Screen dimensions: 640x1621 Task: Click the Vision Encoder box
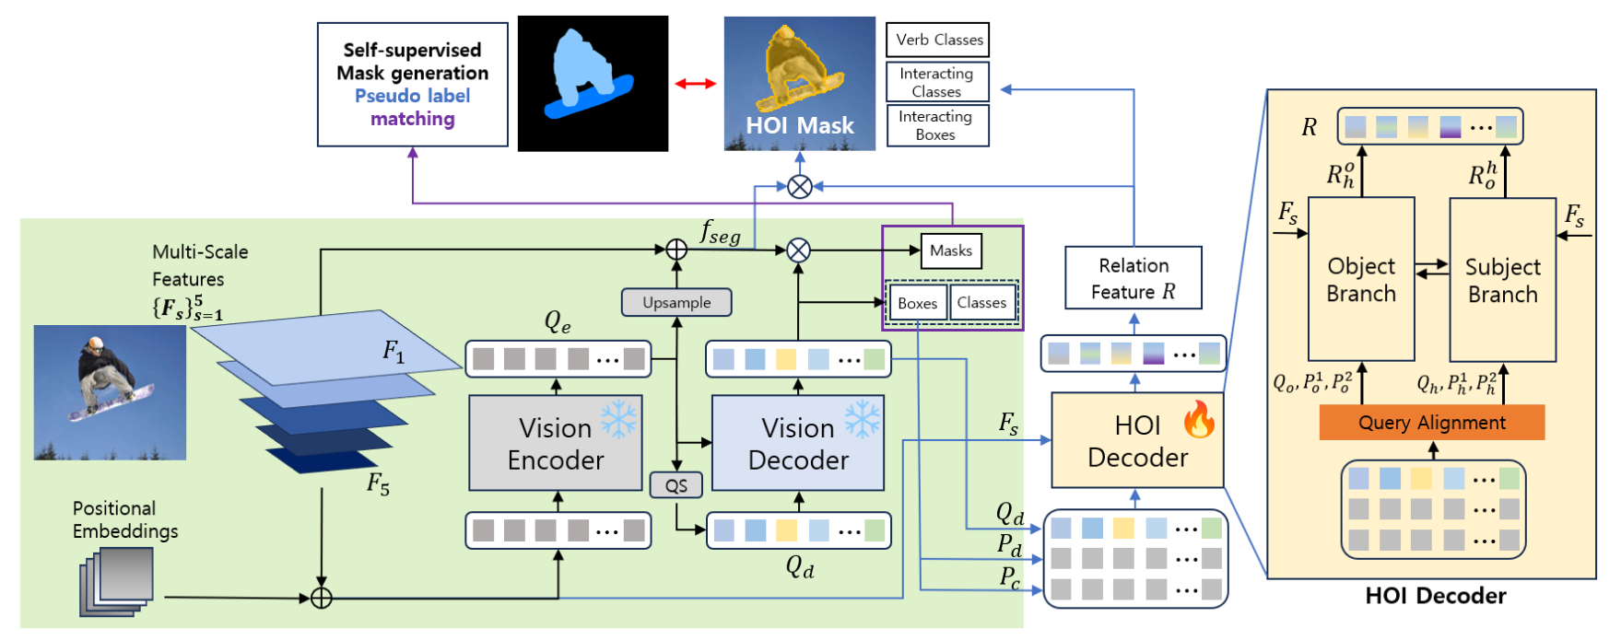[555, 443]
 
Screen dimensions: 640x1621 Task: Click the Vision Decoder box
[797, 443]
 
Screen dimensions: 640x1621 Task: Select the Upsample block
[676, 302]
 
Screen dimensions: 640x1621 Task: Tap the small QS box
[675, 485]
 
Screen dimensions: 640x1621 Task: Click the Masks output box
[950, 250]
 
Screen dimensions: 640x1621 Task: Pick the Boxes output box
[917, 303]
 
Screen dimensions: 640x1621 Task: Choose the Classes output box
[981, 302]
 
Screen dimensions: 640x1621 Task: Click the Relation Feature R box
[1133, 278]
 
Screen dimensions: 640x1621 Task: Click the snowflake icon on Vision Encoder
[618, 419]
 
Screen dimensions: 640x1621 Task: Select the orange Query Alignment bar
[1431, 423]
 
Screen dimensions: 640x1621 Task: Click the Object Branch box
[1360, 279]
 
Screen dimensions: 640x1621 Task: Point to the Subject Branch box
[1502, 280]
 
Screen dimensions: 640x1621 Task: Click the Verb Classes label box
[937, 40]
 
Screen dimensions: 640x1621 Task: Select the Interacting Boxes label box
[937, 125]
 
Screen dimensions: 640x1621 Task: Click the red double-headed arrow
[695, 84]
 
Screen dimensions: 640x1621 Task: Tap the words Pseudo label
[412, 96]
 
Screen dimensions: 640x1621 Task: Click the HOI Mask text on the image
[799, 125]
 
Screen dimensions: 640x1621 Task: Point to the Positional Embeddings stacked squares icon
[117, 580]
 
